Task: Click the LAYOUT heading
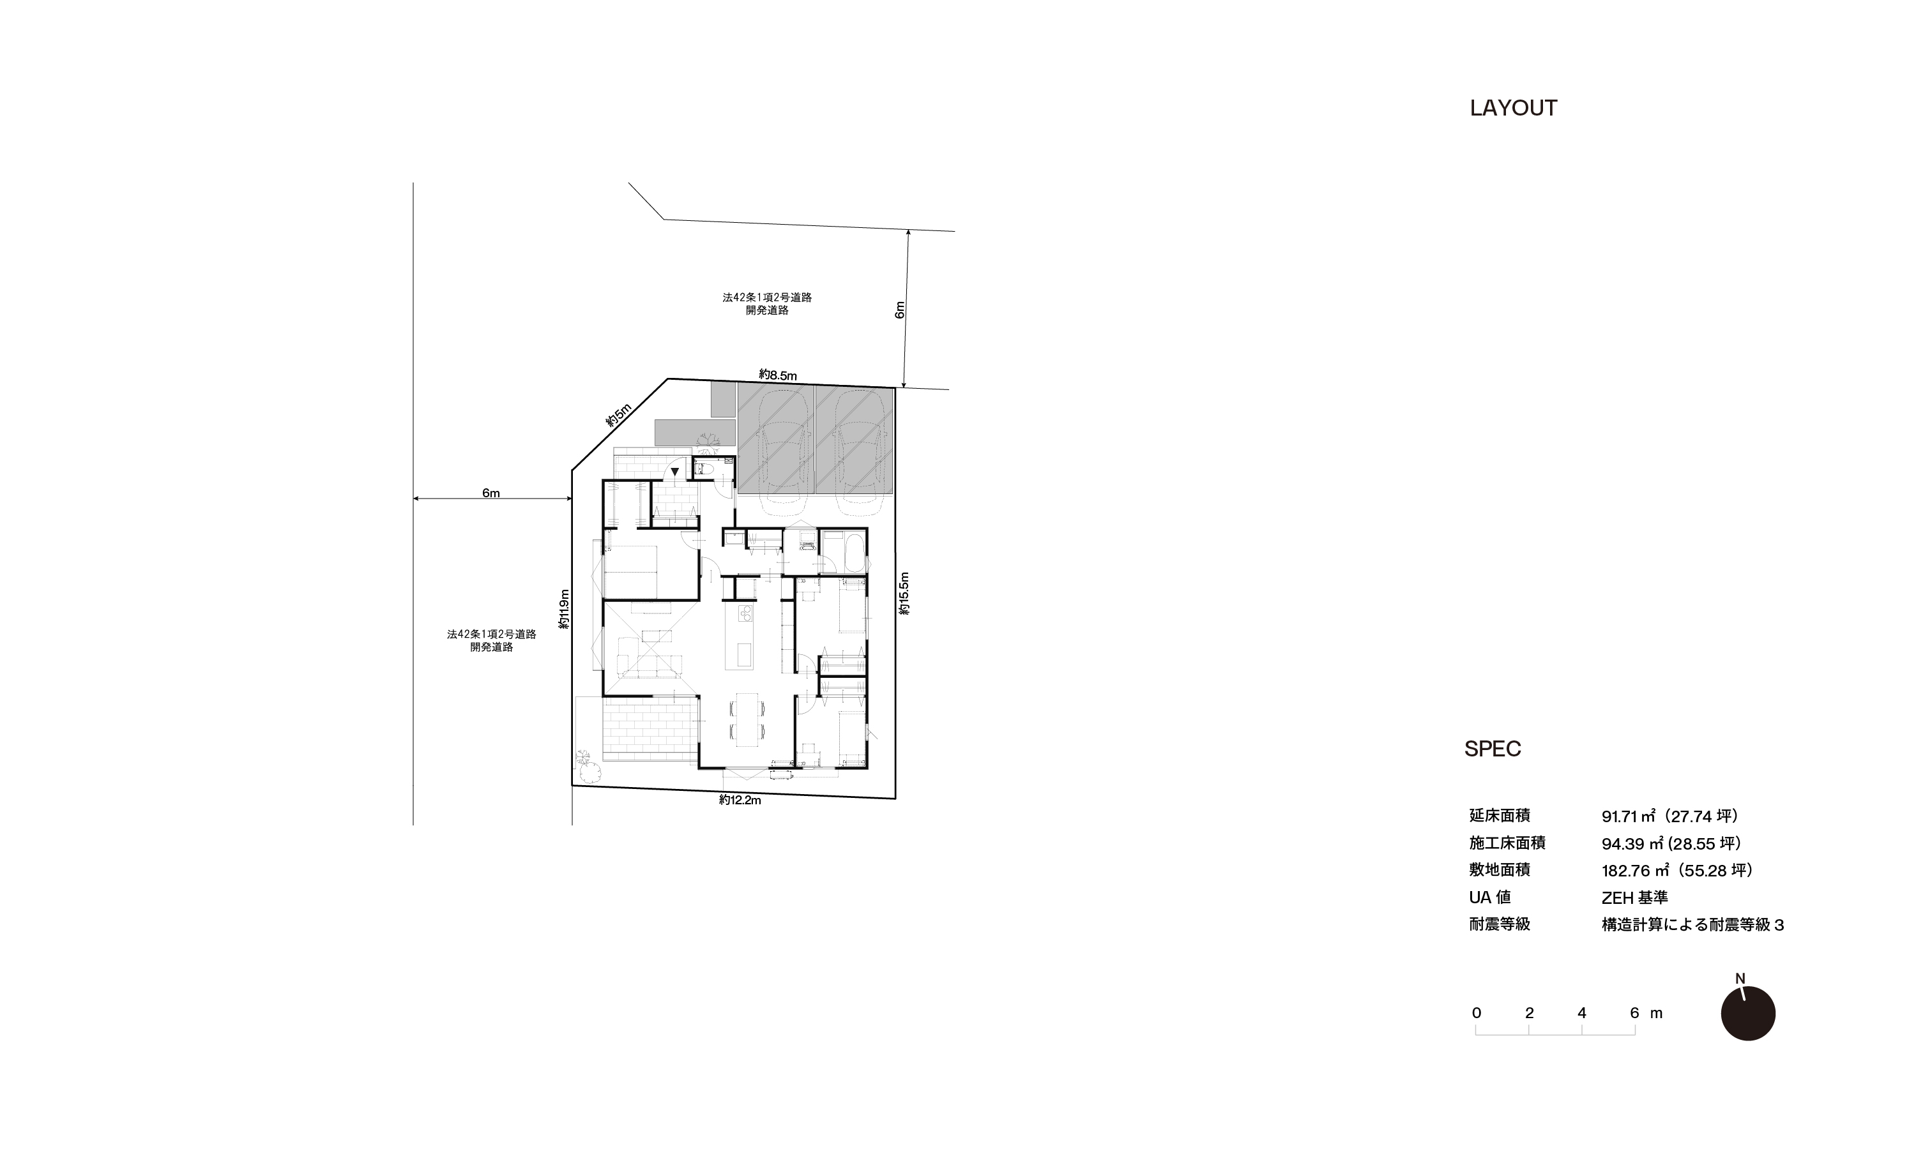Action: point(1513,109)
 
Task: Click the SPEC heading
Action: point(1493,749)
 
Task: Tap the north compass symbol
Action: point(1748,1013)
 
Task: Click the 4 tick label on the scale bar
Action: point(1581,1013)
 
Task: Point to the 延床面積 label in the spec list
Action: point(1500,815)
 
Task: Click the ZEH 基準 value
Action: point(1634,897)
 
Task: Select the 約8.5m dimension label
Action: point(777,375)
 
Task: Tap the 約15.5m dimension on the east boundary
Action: point(904,594)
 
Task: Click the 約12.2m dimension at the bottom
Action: point(740,800)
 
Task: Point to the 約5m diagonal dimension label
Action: point(619,416)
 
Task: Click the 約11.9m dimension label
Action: point(565,610)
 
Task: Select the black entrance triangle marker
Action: point(675,470)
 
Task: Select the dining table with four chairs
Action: point(747,719)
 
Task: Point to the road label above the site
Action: point(766,303)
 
